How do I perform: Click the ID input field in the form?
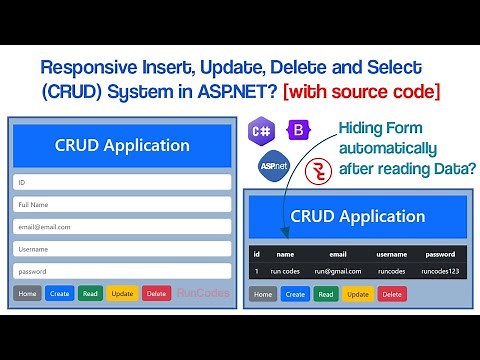[x=121, y=183]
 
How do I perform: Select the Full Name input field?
[x=121, y=205]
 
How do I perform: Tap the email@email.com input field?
[x=121, y=227]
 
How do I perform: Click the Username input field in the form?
[x=121, y=249]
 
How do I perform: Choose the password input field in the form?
[x=121, y=271]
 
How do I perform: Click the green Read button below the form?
[x=90, y=293]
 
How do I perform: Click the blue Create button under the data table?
[x=295, y=294]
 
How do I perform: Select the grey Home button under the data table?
[x=263, y=294]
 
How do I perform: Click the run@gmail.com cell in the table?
[x=337, y=271]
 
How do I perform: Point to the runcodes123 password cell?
[x=439, y=271]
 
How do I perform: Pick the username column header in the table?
[x=391, y=254]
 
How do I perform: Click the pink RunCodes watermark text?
[x=203, y=293]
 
